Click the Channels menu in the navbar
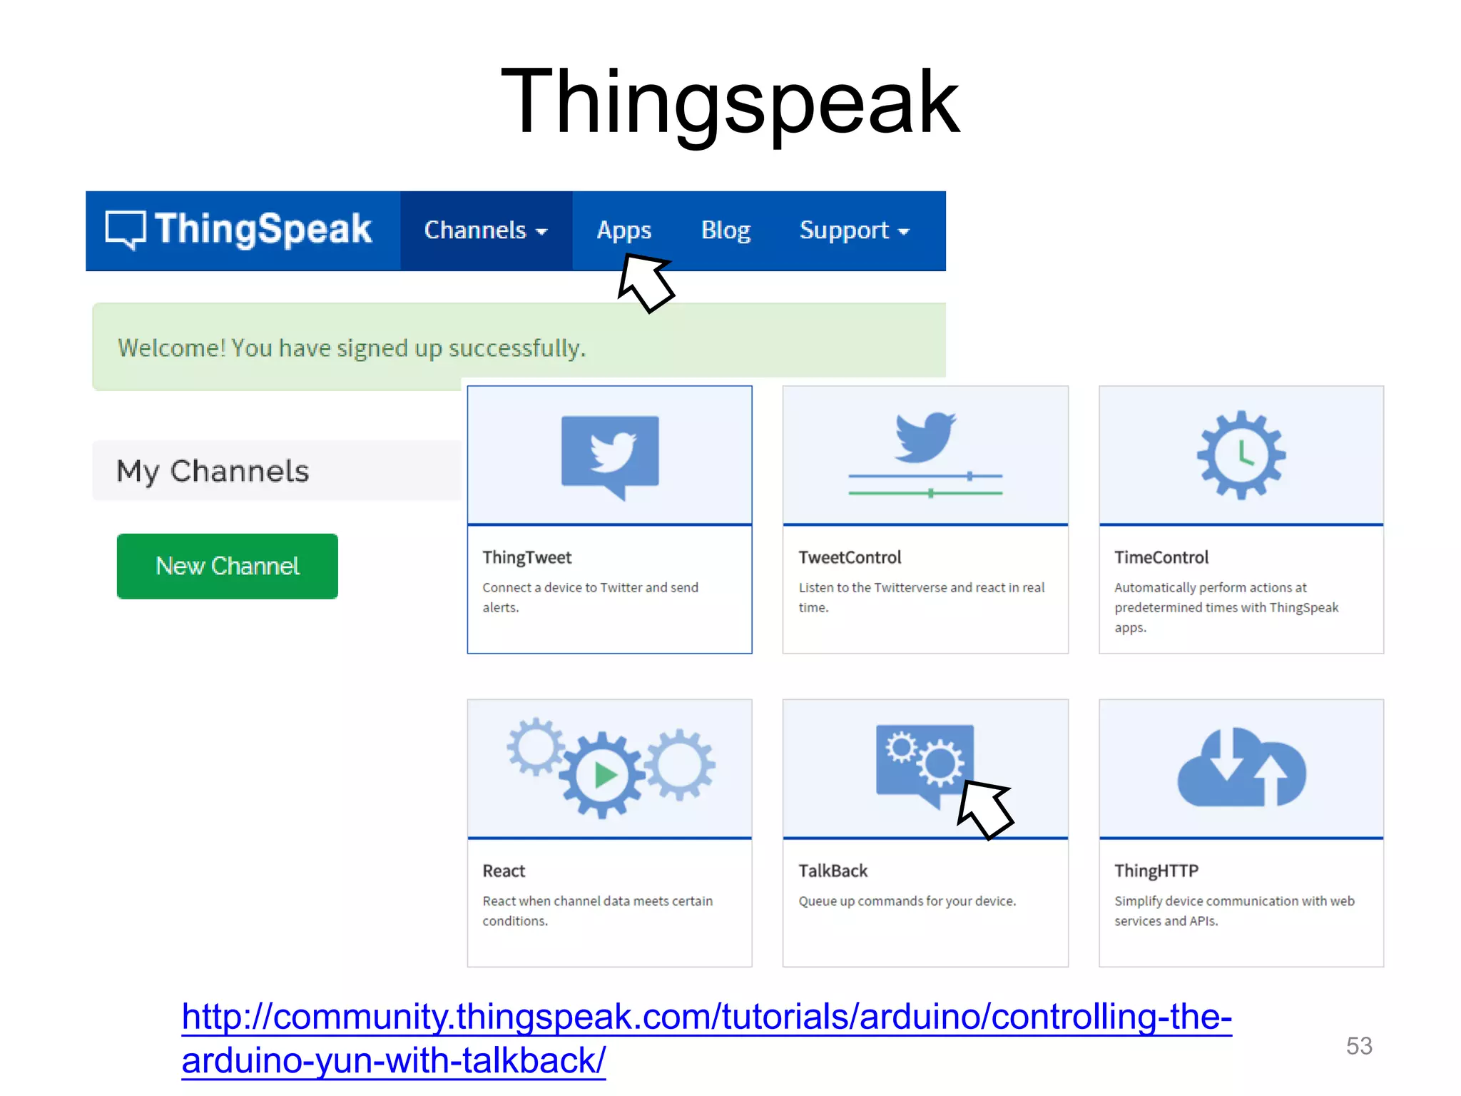click(x=485, y=230)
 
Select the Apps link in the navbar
click(x=623, y=230)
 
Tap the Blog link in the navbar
click(x=726, y=230)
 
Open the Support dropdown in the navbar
click(x=854, y=230)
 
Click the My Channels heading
click(x=213, y=471)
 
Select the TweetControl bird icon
click(x=925, y=436)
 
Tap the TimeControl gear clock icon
click(x=1241, y=455)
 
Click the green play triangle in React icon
click(x=605, y=775)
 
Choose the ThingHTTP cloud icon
click(x=1241, y=768)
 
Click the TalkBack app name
click(x=833, y=871)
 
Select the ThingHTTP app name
click(x=1156, y=871)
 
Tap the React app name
click(x=504, y=871)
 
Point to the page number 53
click(x=1358, y=1045)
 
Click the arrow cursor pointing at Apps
click(x=645, y=283)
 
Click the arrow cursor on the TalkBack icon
click(x=984, y=809)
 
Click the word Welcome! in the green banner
click(x=171, y=348)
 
